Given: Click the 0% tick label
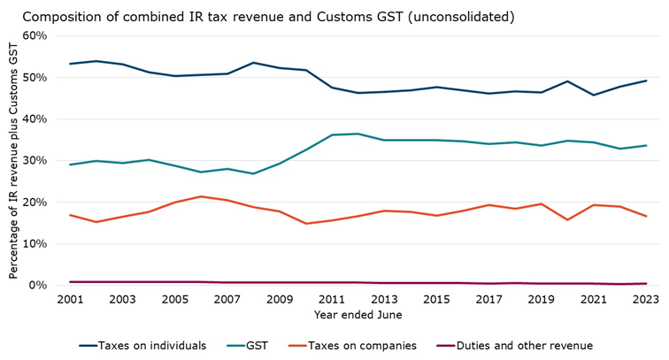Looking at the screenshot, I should pyautogui.click(x=42, y=285).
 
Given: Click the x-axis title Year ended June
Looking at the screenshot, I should pyautogui.click(x=358, y=315).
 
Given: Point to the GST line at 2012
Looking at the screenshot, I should pyautogui.click(x=358, y=134).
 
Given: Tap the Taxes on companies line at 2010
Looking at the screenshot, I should pyautogui.click(x=305, y=224).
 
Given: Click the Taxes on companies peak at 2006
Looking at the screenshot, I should pyautogui.click(x=200, y=196).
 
